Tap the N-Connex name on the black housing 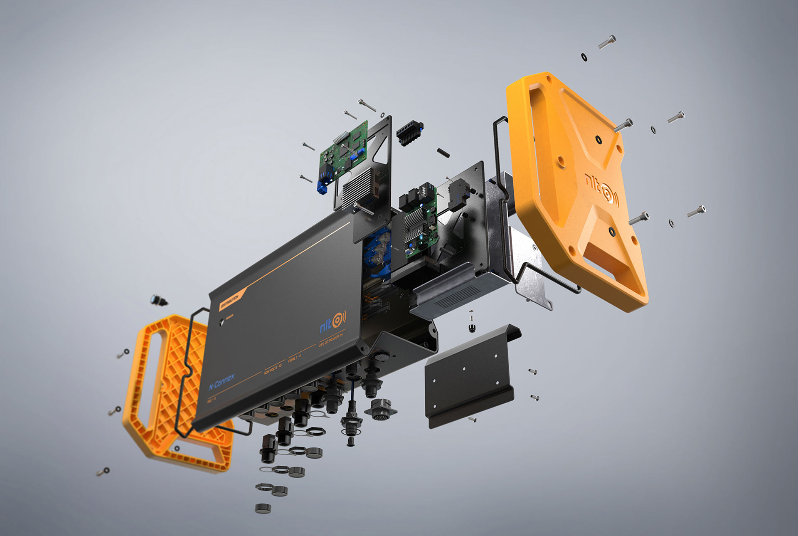[x=222, y=382]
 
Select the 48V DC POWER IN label [x=331, y=340]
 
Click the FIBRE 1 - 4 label [x=294, y=358]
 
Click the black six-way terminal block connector [x=409, y=132]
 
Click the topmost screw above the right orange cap [x=607, y=42]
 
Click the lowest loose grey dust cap [x=263, y=508]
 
